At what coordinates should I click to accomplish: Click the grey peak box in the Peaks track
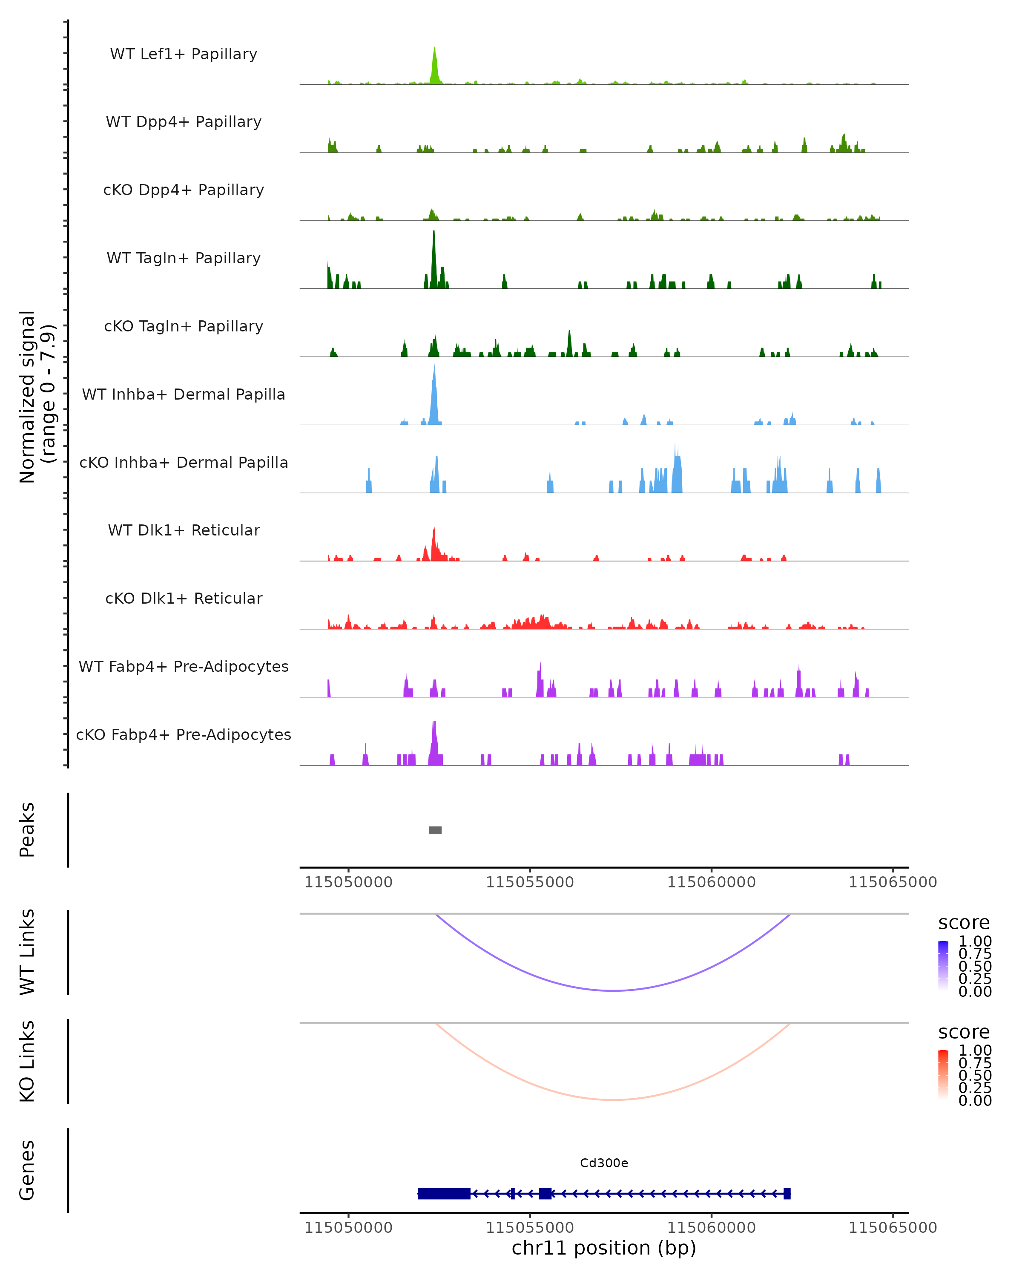pyautogui.click(x=435, y=830)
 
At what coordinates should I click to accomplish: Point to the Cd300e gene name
pyautogui.click(x=604, y=1163)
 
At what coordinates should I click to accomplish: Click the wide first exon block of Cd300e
pyautogui.click(x=444, y=1193)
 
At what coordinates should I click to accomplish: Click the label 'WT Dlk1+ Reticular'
pyautogui.click(x=184, y=530)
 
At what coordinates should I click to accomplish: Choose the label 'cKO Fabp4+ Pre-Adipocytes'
pyautogui.click(x=184, y=735)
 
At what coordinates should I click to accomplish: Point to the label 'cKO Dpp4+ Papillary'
pyautogui.click(x=184, y=190)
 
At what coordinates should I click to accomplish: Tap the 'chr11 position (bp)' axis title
pyautogui.click(x=604, y=1248)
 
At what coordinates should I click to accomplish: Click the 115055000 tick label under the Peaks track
pyautogui.click(x=530, y=883)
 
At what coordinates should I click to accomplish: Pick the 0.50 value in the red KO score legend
pyautogui.click(x=975, y=1075)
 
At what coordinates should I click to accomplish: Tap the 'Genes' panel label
pyautogui.click(x=27, y=1170)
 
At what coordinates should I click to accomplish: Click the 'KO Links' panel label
pyautogui.click(x=27, y=1062)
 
